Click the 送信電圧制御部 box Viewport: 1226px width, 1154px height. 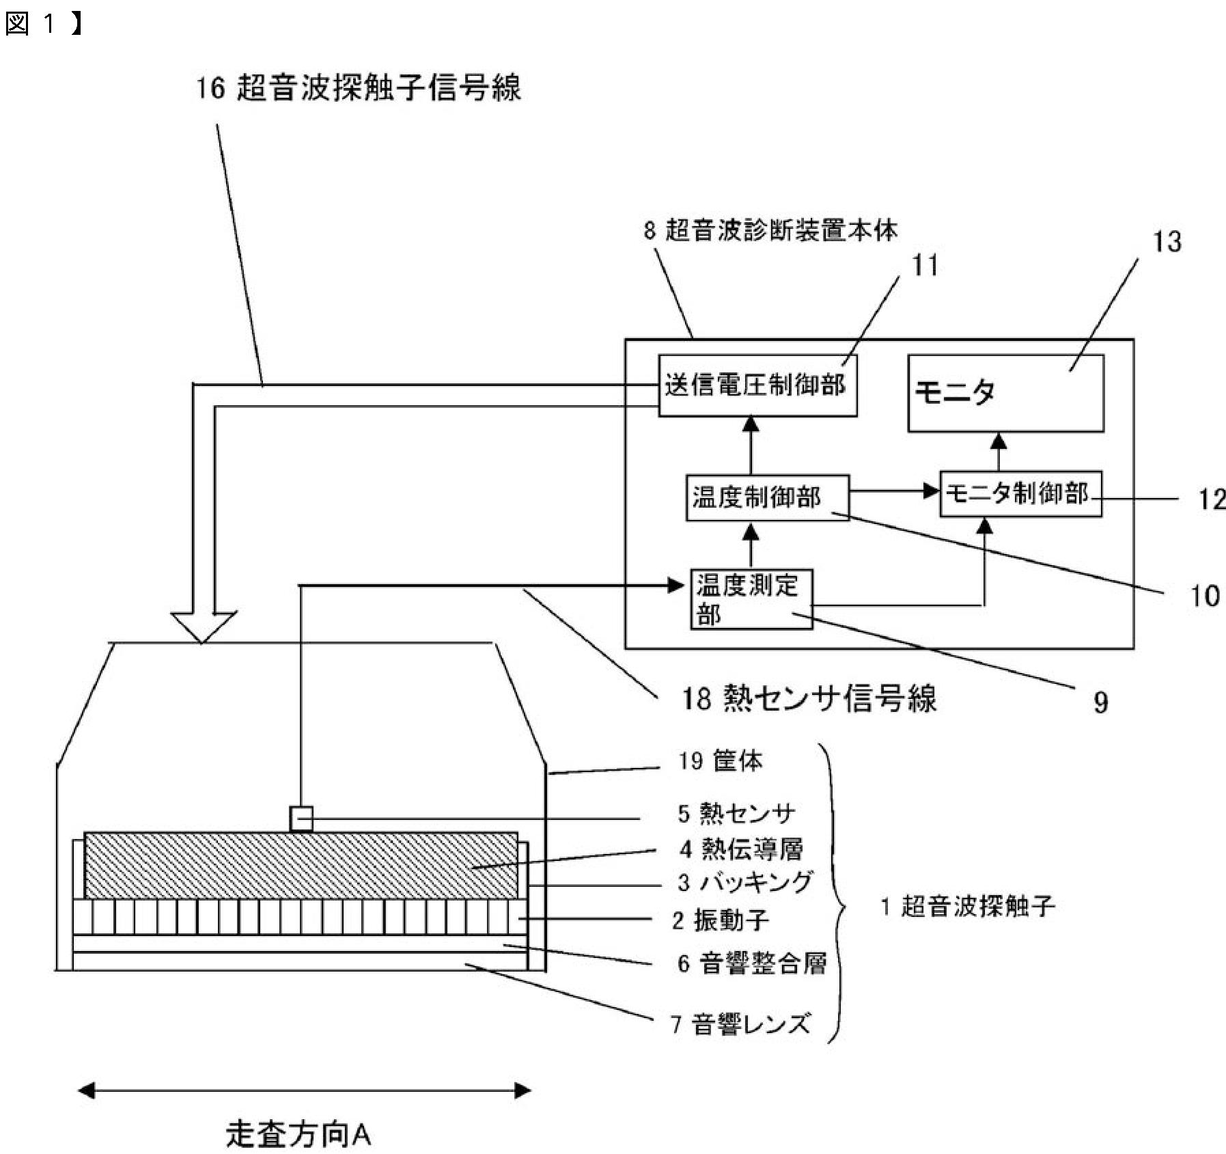click(757, 385)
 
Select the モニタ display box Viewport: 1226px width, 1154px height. click(1005, 393)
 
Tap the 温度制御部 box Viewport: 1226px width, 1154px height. click(767, 497)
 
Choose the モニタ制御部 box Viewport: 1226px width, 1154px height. click(1020, 493)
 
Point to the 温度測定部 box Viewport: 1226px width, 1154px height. click(751, 599)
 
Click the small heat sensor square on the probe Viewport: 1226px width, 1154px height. click(301, 819)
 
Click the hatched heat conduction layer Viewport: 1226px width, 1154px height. click(301, 865)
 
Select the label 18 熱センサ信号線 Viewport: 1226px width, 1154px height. click(809, 698)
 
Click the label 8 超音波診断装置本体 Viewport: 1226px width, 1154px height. click(770, 230)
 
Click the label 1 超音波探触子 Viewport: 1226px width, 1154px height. click(968, 907)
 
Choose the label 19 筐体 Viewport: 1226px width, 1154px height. click(720, 760)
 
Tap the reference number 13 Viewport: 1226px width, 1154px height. click(1167, 242)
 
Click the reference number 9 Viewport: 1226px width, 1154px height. click(1100, 702)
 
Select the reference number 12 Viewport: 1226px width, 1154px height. click(1212, 499)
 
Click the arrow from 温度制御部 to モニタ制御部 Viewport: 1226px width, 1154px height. click(894, 491)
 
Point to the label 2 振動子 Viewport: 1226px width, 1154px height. click(720, 920)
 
